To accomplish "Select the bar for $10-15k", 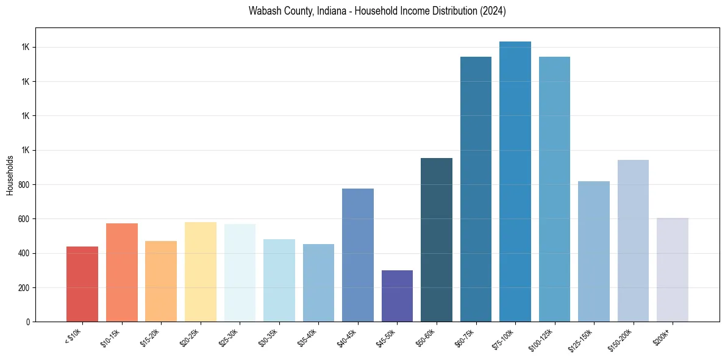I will point(121,272).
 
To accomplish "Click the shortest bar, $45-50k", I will point(397,296).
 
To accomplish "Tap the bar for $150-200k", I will point(633,240).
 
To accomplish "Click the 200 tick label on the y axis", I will point(25,287).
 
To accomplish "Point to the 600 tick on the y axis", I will point(25,219).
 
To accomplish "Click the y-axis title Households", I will point(10,175).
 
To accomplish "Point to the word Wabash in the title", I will point(263,11).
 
